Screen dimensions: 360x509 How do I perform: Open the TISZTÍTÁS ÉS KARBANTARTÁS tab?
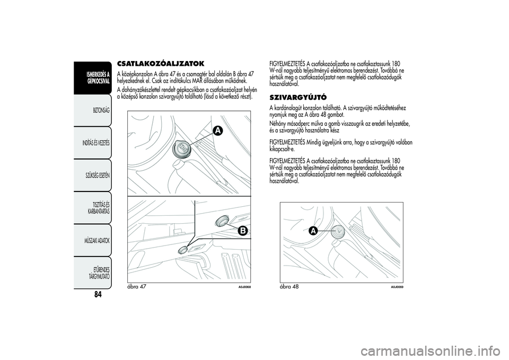click(99, 208)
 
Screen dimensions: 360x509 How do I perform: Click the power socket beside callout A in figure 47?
click(182, 149)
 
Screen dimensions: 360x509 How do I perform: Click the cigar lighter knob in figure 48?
click(336, 231)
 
